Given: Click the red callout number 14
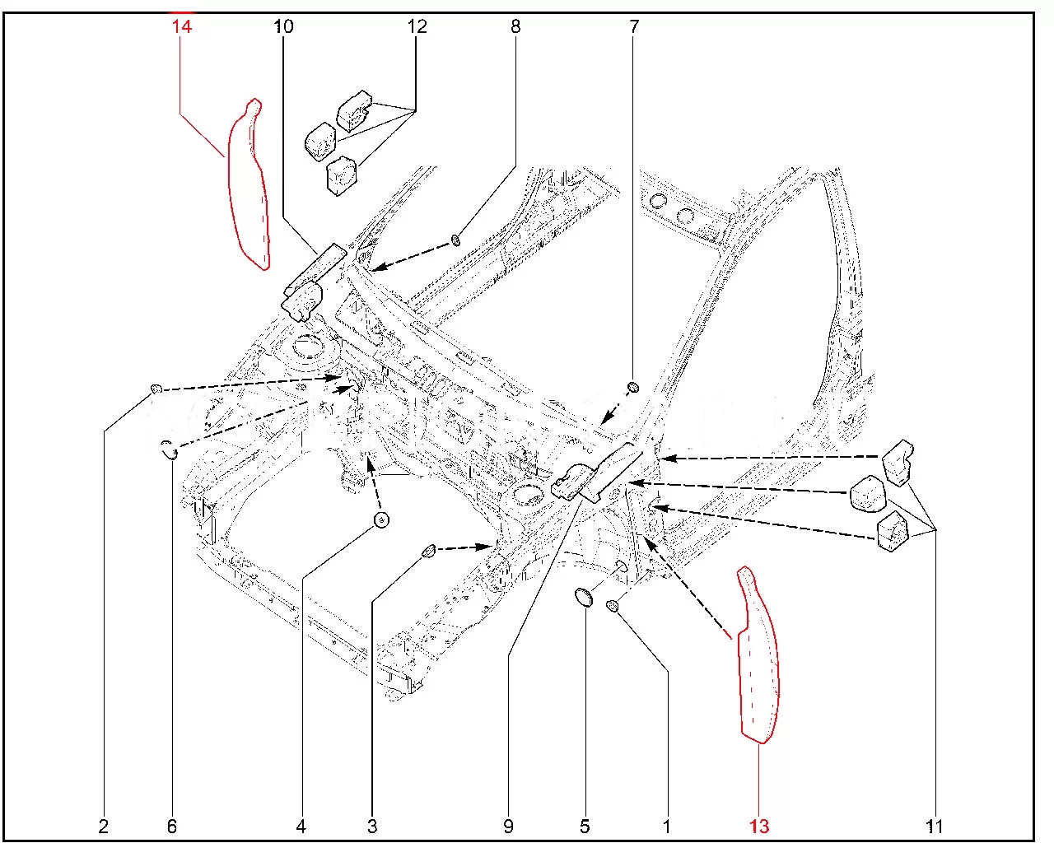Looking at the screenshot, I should point(181,26).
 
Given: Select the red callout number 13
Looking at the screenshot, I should point(758,826).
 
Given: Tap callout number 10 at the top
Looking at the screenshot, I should point(283,26).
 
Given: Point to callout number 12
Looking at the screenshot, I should point(417,26).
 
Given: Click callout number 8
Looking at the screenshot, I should point(515,26).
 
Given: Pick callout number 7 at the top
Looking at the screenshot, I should point(634,26).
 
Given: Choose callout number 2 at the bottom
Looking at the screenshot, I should point(104,826).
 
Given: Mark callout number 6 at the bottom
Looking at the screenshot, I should point(172,826).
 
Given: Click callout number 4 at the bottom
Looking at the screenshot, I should point(301,826).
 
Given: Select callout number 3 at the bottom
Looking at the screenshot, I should point(372,826).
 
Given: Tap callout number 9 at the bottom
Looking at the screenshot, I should point(508,826).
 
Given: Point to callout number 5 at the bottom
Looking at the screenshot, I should point(585,826).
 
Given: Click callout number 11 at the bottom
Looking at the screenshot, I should point(934,826).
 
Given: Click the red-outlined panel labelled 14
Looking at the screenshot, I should point(249,186).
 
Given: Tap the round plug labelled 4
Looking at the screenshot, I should point(382,519).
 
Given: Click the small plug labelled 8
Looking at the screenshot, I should point(455,241).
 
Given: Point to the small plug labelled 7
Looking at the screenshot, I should point(633,387).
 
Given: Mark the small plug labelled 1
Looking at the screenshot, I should point(613,607).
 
